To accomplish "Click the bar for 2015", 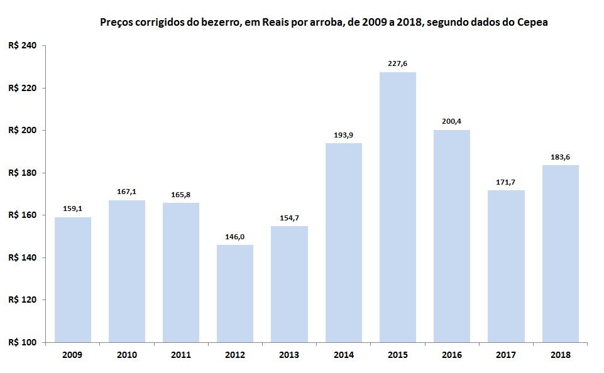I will coord(398,207).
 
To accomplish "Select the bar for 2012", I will coord(235,293).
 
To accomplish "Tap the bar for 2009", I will coord(72,279).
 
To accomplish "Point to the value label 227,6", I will coord(398,63).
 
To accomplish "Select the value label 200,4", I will coord(452,121).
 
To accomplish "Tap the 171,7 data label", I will coord(506,181).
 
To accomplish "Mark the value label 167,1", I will coord(126,191).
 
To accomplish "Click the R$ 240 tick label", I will coord(23,46).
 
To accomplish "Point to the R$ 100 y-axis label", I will coord(23,342).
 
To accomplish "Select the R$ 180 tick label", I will coord(23,173).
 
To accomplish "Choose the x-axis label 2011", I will coord(181,355).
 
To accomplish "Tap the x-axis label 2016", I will coord(452,355).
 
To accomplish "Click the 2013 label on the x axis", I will coord(289,355).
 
